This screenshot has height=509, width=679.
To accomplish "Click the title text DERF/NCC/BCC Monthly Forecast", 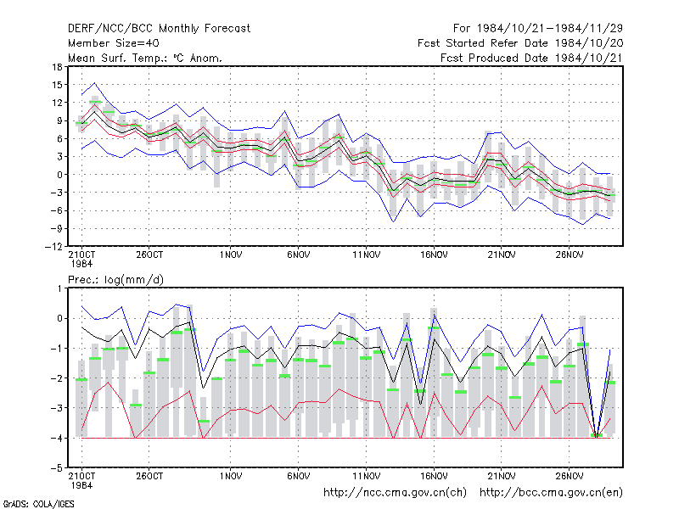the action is (159, 29).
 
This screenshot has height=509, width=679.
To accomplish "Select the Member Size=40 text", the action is (114, 43).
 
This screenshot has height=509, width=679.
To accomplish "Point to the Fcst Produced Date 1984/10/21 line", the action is (531, 58).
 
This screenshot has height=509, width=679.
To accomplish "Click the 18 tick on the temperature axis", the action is (57, 67).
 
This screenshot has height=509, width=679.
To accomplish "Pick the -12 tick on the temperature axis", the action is (53, 247).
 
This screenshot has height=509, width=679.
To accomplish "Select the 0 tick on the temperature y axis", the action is (59, 175).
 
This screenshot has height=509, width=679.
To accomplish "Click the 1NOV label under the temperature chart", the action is (231, 255).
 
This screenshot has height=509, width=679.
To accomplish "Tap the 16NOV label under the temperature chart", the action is (434, 255).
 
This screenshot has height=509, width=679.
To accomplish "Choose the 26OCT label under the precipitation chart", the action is (149, 476).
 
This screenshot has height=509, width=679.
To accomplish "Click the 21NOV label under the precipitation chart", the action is (502, 476).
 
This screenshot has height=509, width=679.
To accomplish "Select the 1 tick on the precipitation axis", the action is (59, 288).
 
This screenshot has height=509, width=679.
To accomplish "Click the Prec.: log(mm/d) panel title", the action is (115, 280).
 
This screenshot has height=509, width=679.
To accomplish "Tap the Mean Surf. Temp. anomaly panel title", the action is (145, 58).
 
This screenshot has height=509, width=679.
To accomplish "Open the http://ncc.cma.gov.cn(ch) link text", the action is (395, 493).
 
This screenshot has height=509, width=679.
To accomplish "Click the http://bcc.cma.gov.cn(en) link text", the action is (551, 493).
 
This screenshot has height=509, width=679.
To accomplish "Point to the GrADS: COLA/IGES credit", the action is (38, 504).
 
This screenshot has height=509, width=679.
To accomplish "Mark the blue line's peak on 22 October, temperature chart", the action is (95, 82).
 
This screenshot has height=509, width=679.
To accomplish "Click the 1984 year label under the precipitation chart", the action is (81, 485).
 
